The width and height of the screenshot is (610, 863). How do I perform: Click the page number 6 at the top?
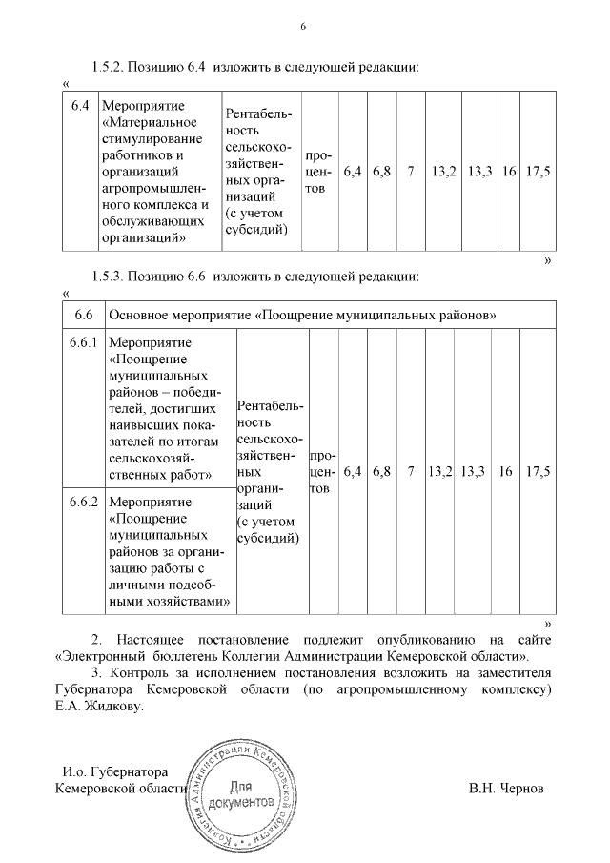point(303,26)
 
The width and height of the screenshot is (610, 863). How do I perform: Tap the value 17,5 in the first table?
point(539,172)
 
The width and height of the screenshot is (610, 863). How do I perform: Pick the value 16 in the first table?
point(510,172)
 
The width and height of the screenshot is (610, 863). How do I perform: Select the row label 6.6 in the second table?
point(83,315)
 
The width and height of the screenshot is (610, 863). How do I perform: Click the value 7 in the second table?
point(411,471)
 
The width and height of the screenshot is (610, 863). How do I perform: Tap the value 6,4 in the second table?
point(353,471)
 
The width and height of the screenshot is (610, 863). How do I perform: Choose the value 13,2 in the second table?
point(440,471)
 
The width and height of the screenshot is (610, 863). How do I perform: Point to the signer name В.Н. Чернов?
point(506,790)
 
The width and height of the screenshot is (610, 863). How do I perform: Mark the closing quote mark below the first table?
point(547,258)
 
